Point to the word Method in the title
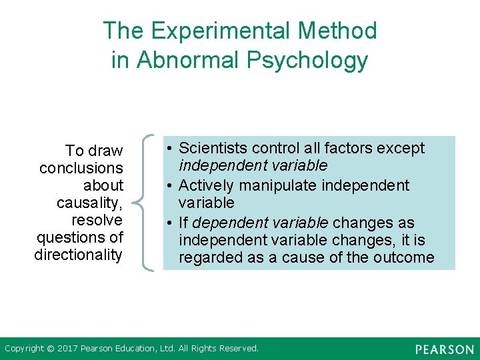click(x=339, y=31)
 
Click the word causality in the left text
click(x=89, y=203)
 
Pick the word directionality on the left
click(x=79, y=255)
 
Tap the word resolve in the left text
click(x=97, y=220)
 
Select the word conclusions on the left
click(x=81, y=168)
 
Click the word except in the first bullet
click(x=403, y=148)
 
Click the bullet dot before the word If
click(x=171, y=223)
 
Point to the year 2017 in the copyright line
click(x=68, y=349)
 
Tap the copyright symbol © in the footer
click(x=50, y=349)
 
